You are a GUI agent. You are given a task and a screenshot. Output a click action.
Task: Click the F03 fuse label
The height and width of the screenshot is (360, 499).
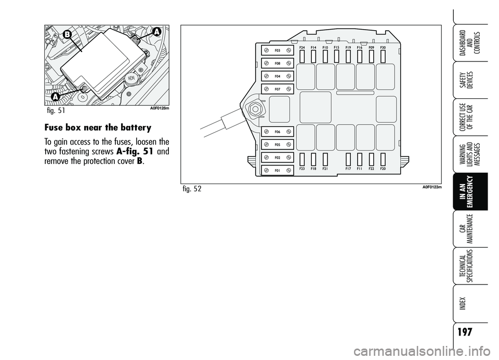[278, 50]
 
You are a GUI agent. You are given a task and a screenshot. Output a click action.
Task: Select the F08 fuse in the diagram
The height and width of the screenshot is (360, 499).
[278, 63]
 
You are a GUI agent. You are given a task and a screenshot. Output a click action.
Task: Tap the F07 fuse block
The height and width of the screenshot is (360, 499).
[278, 89]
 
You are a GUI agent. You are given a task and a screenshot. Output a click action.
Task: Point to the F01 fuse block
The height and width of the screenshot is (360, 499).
[278, 170]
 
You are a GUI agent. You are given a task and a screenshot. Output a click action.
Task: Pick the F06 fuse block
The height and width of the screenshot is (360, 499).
[278, 132]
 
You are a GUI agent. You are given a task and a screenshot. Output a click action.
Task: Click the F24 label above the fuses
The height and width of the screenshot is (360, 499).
[302, 47]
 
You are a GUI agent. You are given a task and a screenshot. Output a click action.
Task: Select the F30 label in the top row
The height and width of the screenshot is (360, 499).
[383, 47]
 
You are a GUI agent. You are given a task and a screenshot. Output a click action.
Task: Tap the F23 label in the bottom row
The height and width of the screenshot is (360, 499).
[302, 169]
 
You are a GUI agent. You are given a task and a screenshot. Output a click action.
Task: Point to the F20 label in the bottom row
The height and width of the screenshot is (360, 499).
[383, 169]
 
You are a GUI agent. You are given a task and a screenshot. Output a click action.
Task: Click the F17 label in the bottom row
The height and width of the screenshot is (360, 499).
[348, 169]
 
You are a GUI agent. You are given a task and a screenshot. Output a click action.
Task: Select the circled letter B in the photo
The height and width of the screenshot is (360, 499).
[67, 34]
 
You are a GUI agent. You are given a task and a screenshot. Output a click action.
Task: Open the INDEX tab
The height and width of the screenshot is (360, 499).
[470, 301]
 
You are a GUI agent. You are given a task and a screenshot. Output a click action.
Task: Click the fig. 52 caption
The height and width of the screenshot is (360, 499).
[192, 188]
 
